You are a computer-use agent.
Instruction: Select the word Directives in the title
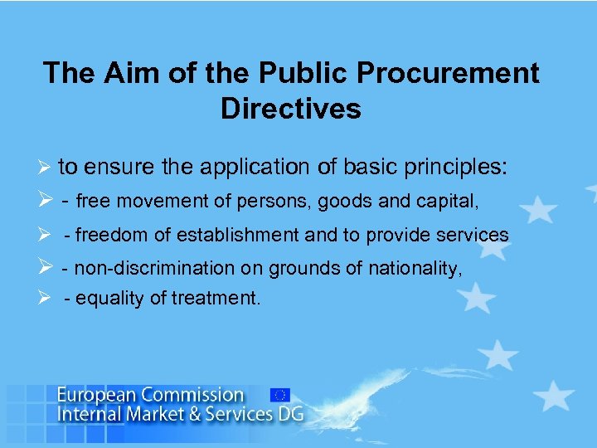pyautogui.click(x=291, y=109)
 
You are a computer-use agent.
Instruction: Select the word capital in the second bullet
pyautogui.click(x=428, y=202)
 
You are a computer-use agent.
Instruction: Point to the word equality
pyautogui.click(x=111, y=299)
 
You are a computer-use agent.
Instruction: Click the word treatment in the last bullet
pyautogui.click(x=219, y=299)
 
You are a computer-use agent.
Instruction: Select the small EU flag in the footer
pyautogui.click(x=279, y=395)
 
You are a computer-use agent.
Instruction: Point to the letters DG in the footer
pyautogui.click(x=290, y=413)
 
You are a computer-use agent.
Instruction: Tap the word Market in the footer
pyautogui.click(x=161, y=413)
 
